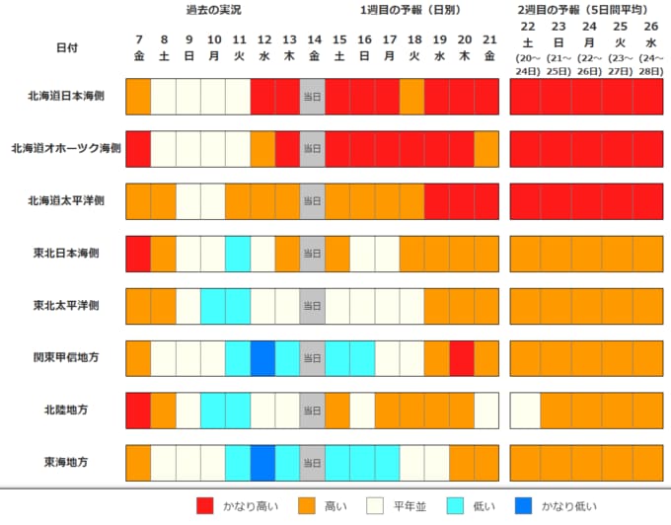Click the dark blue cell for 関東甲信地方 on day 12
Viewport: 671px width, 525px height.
pos(262,358)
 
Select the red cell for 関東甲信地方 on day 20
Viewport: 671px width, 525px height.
pos(462,358)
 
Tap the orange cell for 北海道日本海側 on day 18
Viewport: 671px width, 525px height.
pos(412,97)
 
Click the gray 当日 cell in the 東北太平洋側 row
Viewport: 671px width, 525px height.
pos(313,306)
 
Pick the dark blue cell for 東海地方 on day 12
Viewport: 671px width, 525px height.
pos(262,463)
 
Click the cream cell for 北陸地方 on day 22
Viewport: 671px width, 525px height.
pos(525,411)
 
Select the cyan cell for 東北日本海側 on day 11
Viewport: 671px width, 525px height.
pos(238,254)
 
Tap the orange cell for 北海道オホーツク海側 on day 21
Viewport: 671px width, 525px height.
pos(486,149)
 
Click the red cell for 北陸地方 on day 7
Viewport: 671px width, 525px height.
pos(138,411)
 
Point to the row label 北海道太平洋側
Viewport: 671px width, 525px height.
pos(66,200)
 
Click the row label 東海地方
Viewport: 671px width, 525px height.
pos(66,462)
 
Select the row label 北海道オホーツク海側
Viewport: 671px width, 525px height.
pos(66,148)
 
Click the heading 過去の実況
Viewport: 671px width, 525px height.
pos(213,10)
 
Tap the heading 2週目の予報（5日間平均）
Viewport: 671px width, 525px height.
pos(584,10)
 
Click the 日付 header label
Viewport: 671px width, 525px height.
pos(67,47)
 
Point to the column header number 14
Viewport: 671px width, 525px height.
pos(315,39)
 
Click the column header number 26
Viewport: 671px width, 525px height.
pos(651,27)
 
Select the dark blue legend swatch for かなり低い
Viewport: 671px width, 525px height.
pos(523,505)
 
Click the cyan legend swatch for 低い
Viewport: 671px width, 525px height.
pos(455,505)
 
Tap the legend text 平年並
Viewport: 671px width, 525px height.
pos(410,506)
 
